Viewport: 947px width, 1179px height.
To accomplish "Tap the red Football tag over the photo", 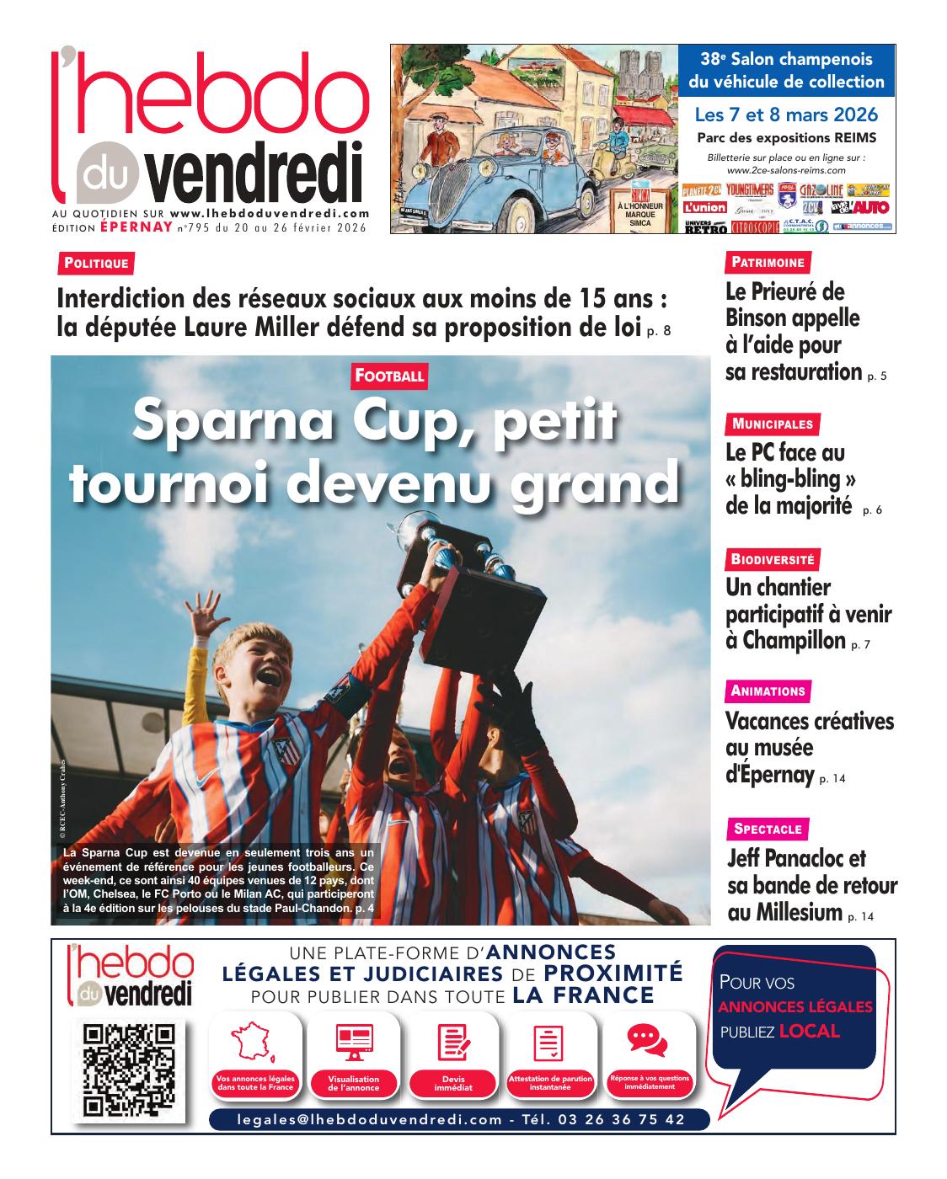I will pyautogui.click(x=388, y=376).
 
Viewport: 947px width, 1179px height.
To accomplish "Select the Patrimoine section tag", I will pyautogui.click(x=768, y=262).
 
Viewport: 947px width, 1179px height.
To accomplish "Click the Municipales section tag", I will pyautogui.click(x=773, y=424).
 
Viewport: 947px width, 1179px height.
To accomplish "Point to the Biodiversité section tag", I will pyautogui.click(x=773, y=558).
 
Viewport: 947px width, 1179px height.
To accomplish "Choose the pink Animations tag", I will pyautogui.click(x=768, y=691).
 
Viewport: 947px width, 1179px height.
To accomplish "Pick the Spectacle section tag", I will pyautogui.click(x=768, y=829).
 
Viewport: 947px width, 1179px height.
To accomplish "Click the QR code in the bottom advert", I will pyautogui.click(x=131, y=1067).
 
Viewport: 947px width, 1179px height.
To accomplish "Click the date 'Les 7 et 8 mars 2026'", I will pyautogui.click(x=786, y=115).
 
